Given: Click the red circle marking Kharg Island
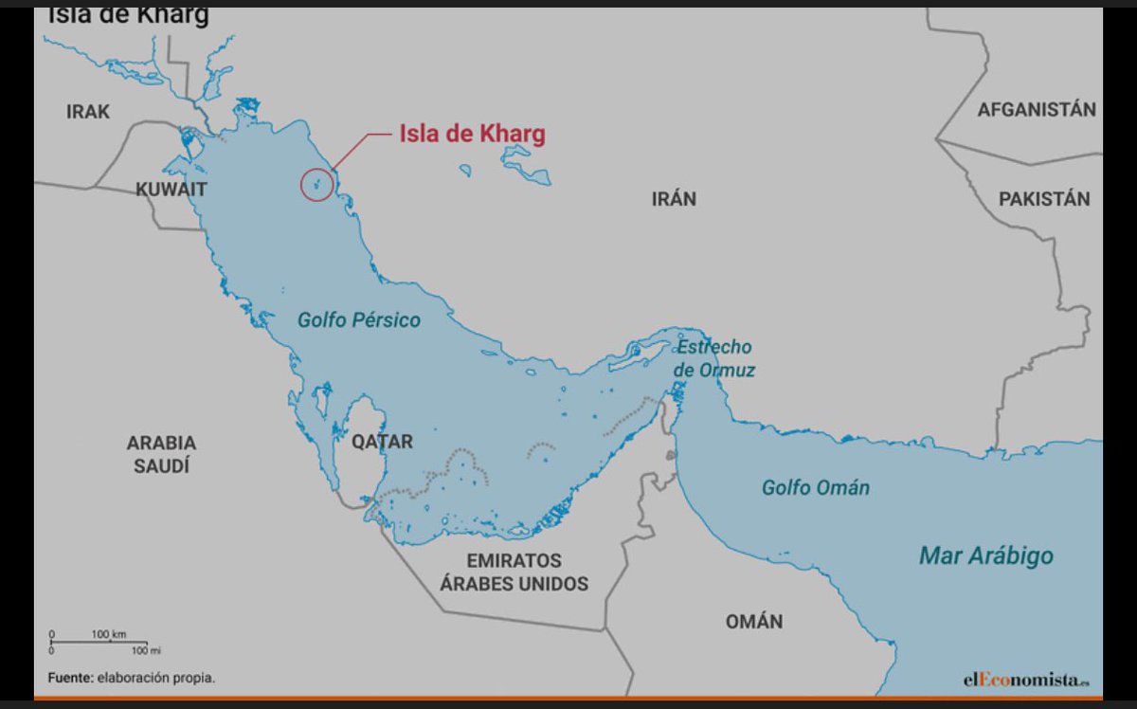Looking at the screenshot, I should pyautogui.click(x=316, y=184).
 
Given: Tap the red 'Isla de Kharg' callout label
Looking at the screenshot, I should pyautogui.click(x=472, y=135).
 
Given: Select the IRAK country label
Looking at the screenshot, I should pyautogui.click(x=88, y=112).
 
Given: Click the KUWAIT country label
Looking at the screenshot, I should pyautogui.click(x=171, y=190).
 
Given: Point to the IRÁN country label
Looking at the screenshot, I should pyautogui.click(x=674, y=199).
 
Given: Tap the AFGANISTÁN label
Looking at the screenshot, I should pyautogui.click(x=1037, y=109).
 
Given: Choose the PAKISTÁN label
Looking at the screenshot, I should pyautogui.click(x=1044, y=199).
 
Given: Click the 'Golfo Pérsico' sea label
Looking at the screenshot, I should pyautogui.click(x=359, y=320).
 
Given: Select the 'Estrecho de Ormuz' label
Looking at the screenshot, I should pyautogui.click(x=714, y=358).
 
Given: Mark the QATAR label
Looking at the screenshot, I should pyautogui.click(x=382, y=442).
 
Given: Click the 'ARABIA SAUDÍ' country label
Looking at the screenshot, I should pyautogui.click(x=161, y=454).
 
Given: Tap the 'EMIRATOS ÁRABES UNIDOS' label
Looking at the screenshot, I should pyautogui.click(x=514, y=572).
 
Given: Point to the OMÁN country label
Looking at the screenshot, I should pyautogui.click(x=754, y=622).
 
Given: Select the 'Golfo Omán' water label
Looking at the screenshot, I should pyautogui.click(x=816, y=488).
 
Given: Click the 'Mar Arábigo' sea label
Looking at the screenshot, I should pyautogui.click(x=985, y=556).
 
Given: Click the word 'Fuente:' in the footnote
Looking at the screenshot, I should pyautogui.click(x=70, y=678).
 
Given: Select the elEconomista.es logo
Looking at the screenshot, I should pyautogui.click(x=1026, y=679).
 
